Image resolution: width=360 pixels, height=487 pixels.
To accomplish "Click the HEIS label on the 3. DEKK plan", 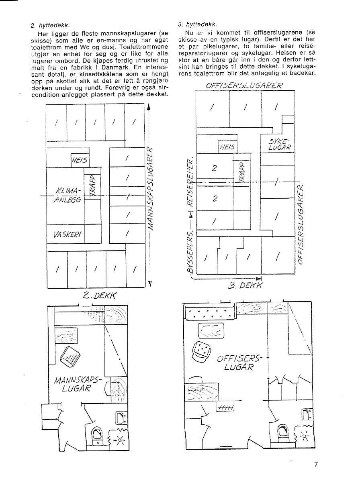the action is click(x=227, y=147).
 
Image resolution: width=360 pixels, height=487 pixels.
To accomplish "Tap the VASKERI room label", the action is click(x=67, y=235).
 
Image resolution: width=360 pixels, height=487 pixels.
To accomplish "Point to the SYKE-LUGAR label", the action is click(x=279, y=144).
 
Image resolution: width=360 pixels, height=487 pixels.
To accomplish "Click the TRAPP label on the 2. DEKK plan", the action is click(x=93, y=186).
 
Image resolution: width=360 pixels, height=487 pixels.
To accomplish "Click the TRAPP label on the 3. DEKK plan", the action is click(x=242, y=172).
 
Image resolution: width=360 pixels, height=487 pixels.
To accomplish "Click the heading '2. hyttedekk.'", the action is click(x=50, y=25).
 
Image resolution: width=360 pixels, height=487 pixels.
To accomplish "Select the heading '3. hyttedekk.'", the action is click(x=197, y=24).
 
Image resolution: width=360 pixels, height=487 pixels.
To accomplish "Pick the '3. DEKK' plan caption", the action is click(x=245, y=285).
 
